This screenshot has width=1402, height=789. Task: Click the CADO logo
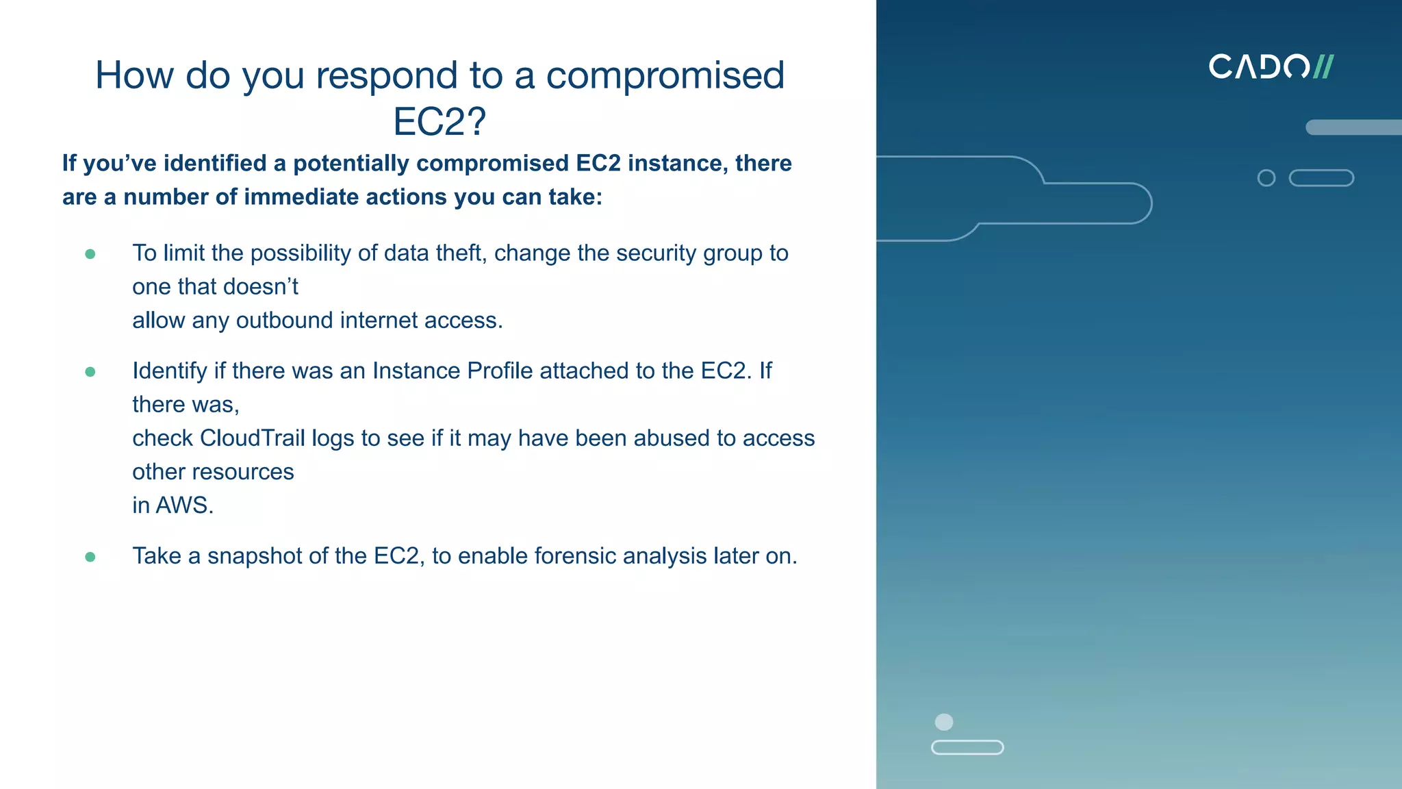click(1271, 67)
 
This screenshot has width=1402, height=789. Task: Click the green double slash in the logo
click(1323, 67)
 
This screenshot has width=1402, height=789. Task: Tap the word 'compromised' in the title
click(665, 75)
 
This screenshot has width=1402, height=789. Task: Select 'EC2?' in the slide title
click(439, 122)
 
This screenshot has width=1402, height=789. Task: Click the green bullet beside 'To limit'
click(90, 254)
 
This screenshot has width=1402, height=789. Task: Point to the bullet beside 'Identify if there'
click(90, 372)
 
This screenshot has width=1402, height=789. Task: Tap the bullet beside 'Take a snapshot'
click(90, 557)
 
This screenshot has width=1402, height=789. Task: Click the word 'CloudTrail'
click(252, 438)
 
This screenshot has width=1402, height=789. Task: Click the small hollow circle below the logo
click(1266, 178)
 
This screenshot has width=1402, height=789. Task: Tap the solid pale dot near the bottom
click(944, 722)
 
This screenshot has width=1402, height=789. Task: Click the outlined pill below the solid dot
click(967, 747)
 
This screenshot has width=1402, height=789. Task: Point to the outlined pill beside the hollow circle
click(1321, 178)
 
